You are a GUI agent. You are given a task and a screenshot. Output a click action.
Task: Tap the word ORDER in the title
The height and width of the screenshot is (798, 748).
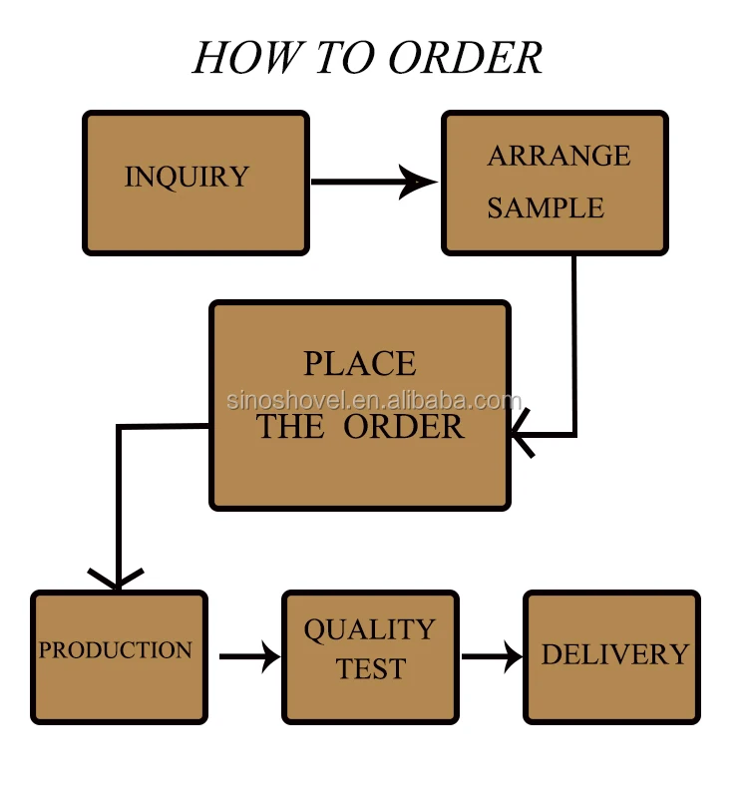coord(465,58)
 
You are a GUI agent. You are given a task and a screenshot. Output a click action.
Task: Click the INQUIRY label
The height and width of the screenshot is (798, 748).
coord(187,178)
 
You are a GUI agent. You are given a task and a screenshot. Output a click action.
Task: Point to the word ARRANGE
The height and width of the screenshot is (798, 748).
coord(559,156)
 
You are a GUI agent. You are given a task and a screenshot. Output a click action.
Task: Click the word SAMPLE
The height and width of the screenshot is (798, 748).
coord(546,208)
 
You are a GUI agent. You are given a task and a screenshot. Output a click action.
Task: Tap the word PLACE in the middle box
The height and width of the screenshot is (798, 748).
coord(360,364)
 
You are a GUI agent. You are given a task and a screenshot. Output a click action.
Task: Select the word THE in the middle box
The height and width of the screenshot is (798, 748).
coord(290,427)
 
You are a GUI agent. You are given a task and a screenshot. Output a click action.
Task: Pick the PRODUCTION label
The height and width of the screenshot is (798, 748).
coord(116,650)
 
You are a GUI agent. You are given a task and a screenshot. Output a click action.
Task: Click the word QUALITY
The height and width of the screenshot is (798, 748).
coord(370,630)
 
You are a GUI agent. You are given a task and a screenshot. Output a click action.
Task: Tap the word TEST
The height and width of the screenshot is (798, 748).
coord(370,669)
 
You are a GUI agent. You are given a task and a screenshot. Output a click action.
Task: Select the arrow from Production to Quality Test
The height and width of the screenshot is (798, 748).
coord(249,656)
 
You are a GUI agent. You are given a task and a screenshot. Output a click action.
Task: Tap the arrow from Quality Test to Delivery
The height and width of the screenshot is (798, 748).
coord(492,656)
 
